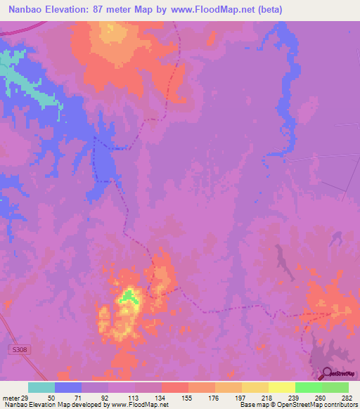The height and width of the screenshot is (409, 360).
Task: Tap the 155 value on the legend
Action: click(x=187, y=397)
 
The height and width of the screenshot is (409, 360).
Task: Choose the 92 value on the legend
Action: click(x=108, y=397)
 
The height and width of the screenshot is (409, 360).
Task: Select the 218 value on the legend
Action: click(x=268, y=397)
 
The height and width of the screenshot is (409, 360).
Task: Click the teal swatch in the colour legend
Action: click(x=41, y=387)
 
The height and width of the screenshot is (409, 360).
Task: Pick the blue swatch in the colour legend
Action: click(x=68, y=387)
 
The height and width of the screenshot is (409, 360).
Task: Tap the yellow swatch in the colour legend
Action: click(x=282, y=387)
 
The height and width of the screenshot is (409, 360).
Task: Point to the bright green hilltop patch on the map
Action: click(x=128, y=297)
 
